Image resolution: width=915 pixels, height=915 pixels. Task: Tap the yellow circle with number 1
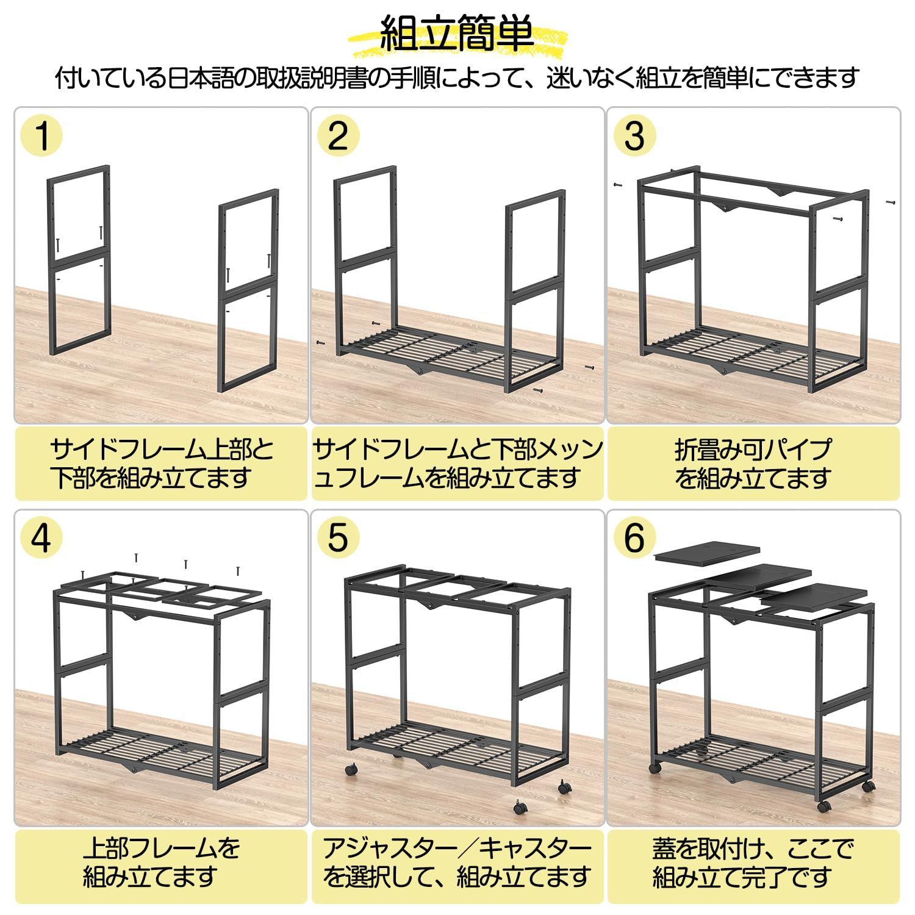(x=41, y=135)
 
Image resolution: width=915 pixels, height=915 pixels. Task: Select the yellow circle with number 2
(x=338, y=135)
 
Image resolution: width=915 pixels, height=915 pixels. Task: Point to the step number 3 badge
(x=634, y=135)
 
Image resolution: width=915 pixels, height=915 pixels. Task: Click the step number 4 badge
(x=41, y=538)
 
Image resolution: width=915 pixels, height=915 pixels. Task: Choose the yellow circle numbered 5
(x=338, y=538)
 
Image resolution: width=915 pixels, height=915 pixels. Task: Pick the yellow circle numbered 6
(x=634, y=538)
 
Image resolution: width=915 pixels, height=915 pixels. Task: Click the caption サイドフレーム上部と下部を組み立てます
(x=161, y=464)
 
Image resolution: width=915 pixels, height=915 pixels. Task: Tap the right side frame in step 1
(x=249, y=290)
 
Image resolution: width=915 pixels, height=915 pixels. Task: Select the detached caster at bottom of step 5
(x=520, y=808)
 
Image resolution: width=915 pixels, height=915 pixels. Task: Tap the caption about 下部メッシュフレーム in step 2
(x=457, y=464)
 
